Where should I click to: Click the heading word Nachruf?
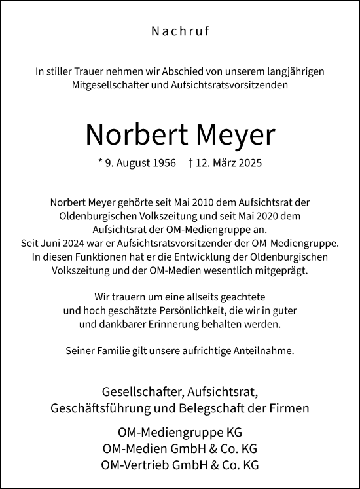point(179,30)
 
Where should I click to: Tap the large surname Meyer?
point(234,134)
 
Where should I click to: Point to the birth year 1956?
point(163,163)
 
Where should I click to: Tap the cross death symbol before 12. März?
point(190,163)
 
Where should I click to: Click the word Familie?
point(114,350)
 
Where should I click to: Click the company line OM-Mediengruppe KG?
point(179,433)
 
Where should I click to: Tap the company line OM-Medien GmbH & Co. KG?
point(179,449)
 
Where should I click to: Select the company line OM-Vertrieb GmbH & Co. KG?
point(179,465)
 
